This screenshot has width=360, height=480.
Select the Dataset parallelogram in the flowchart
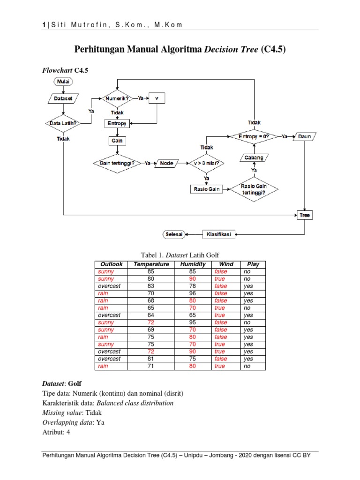coord(63,98)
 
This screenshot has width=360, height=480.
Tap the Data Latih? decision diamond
coord(63,123)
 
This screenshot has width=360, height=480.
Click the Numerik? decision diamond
coord(117,98)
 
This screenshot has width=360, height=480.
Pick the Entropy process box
coord(117,123)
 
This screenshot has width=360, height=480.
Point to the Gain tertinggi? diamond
coord(117,163)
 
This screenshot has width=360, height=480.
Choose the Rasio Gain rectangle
coord(207,189)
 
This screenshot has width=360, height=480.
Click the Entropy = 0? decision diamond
coord(254,136)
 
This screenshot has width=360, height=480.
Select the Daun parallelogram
coord(305,136)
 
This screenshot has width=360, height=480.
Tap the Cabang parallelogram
coord(254,158)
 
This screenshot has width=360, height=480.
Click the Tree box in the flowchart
coord(305,215)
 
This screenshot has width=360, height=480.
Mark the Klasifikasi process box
coord(219,234)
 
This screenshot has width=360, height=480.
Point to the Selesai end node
coord(174,234)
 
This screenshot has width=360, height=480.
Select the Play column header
coord(253,264)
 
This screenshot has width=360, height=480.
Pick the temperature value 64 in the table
coord(151,315)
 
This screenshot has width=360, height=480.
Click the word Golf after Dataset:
coord(75,383)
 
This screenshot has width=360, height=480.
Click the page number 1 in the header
coord(44,24)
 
